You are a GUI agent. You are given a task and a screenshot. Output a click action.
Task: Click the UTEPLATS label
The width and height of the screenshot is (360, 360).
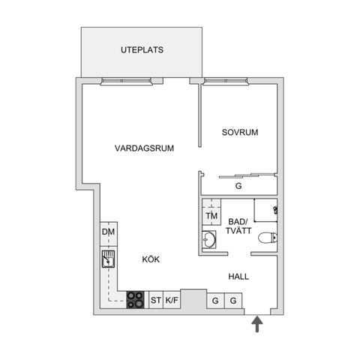pyautogui.click(x=142, y=51)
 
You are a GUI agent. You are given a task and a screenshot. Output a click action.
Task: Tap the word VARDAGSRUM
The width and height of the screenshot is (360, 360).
pyautogui.click(x=145, y=148)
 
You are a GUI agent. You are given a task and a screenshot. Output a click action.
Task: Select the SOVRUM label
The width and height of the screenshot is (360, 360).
pyautogui.click(x=239, y=133)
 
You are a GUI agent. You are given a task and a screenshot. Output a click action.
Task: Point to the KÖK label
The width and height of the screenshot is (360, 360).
pyautogui.click(x=151, y=259)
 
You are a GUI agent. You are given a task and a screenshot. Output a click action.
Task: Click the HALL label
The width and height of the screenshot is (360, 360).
pyautogui.click(x=238, y=277)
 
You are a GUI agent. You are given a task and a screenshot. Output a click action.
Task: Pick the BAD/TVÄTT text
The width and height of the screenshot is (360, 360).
pyautogui.click(x=239, y=226)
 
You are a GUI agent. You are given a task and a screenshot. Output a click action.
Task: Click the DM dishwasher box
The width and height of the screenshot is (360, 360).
pyautogui.click(x=108, y=232)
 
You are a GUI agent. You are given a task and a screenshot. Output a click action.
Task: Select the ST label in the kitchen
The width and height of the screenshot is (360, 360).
pyautogui.click(x=155, y=301)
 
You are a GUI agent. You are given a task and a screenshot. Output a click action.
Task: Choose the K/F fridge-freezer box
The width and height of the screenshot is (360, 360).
pyautogui.click(x=172, y=301)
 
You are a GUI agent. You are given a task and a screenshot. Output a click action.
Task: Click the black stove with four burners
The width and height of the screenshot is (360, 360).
pyautogui.click(x=135, y=300)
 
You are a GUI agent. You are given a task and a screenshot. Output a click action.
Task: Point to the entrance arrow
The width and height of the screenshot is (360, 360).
pyautogui.click(x=257, y=323)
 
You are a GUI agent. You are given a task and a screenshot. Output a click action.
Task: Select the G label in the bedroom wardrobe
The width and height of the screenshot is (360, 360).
pyautogui.click(x=239, y=187)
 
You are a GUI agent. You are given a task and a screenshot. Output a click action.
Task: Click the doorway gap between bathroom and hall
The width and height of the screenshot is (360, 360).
pyautogui.click(x=240, y=254)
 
